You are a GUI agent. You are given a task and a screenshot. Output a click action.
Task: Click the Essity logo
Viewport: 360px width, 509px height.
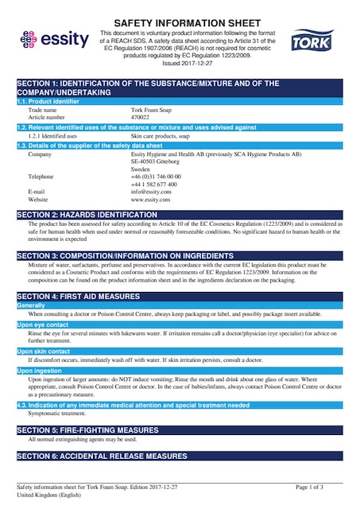coord(49,37)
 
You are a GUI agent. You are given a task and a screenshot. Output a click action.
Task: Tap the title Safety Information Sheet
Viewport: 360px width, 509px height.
coord(180,23)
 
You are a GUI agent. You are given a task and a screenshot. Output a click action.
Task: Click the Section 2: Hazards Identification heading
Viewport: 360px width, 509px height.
coord(87,215)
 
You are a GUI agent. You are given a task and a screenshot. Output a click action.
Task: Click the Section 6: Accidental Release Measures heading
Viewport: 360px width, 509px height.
coord(102,457)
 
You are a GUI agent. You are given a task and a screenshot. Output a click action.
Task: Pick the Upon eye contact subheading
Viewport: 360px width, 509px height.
coord(43,324)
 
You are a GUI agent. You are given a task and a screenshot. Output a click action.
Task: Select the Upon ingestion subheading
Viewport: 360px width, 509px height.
coord(40,371)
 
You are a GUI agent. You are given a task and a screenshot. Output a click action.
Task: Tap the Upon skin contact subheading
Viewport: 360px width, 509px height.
coord(44,351)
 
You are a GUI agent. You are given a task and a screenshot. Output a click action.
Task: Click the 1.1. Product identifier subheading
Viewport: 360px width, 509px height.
coord(48,101)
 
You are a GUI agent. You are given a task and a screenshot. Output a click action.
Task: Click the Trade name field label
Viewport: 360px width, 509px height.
coord(43,110)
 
